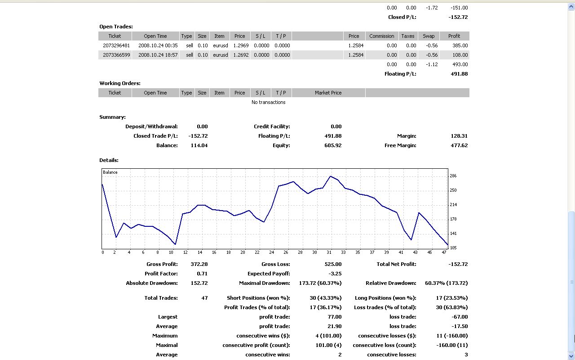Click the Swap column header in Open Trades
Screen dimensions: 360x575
pyautogui.click(x=429, y=36)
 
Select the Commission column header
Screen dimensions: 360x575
pyautogui.click(x=381, y=36)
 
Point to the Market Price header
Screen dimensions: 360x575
pyautogui.click(x=328, y=93)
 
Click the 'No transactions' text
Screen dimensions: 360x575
pyautogui.click(x=268, y=102)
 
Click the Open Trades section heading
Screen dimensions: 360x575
pyautogui.click(x=116, y=27)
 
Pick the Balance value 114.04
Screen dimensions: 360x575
pyautogui.click(x=199, y=145)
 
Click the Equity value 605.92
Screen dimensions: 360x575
pyautogui.click(x=333, y=145)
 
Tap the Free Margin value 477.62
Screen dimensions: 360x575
pyautogui.click(x=459, y=145)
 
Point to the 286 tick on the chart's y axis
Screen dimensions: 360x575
pyautogui.click(x=453, y=176)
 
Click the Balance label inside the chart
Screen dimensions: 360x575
pyautogui.click(x=110, y=172)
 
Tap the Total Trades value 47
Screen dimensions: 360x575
pyautogui.click(x=204, y=298)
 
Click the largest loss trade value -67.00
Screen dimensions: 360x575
pyautogui.click(x=460, y=317)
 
